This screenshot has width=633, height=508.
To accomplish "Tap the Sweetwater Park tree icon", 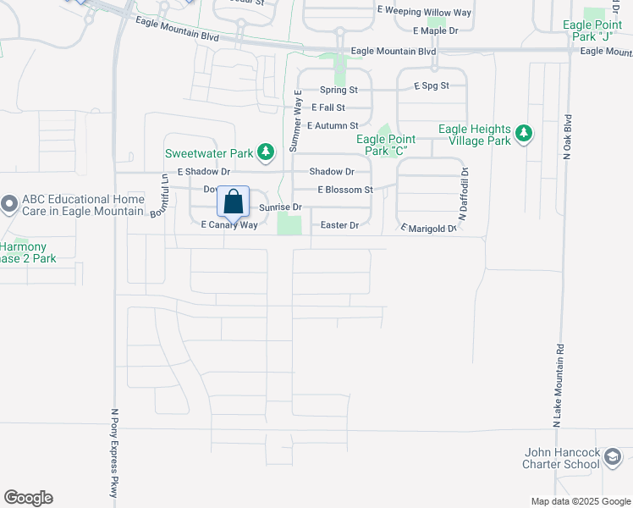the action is click(x=267, y=152).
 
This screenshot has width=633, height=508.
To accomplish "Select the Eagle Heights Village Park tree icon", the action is click(x=525, y=133).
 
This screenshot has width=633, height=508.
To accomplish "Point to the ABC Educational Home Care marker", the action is click(x=9, y=204).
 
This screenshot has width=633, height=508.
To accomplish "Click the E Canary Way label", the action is click(x=228, y=225).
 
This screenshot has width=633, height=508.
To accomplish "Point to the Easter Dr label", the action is click(x=340, y=225).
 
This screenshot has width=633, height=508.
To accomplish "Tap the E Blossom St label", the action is click(x=345, y=190).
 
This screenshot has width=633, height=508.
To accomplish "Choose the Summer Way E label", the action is click(x=296, y=121).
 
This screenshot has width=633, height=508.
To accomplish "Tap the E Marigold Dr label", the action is click(x=429, y=228).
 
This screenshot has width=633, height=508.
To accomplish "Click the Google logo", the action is click(x=28, y=498).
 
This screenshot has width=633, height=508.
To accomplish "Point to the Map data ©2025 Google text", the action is click(x=581, y=501).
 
